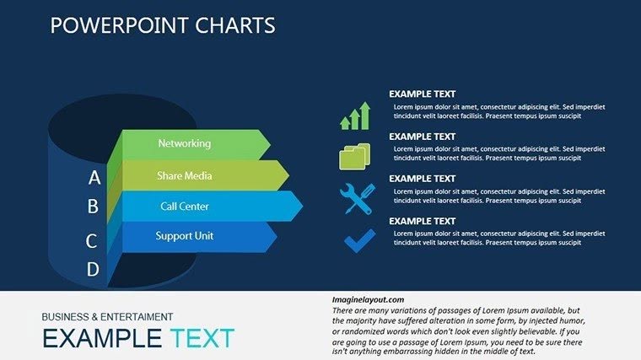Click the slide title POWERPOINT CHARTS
pos(163,25)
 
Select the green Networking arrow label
pos(184,143)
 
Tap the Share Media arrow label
pos(184,175)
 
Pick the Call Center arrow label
pos(184,207)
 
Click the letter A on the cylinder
pos(94,178)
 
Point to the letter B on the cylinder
pos(93,207)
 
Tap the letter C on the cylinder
pos(92,241)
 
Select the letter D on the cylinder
pos(93,270)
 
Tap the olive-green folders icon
pos(354,156)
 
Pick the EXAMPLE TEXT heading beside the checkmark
pos(422,221)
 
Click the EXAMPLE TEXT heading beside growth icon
pos(422,94)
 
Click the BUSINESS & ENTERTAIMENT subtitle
pos(107,317)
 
